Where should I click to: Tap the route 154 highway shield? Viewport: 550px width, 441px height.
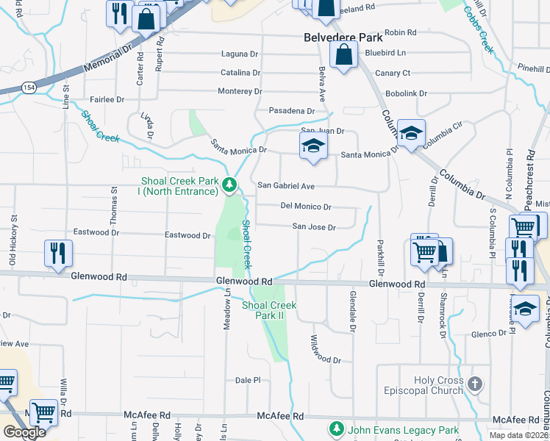click(x=29, y=87)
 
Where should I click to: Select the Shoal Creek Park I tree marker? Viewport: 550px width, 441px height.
click(x=230, y=185)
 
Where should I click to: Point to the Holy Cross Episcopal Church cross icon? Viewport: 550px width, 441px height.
click(x=475, y=384)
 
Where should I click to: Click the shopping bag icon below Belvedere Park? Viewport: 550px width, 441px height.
click(x=343, y=55)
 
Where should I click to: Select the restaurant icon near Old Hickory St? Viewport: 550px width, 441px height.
click(x=57, y=253)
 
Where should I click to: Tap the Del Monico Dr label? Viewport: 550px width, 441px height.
click(x=306, y=207)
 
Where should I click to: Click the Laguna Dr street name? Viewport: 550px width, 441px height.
click(x=240, y=54)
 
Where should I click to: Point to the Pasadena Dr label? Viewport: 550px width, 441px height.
click(x=291, y=111)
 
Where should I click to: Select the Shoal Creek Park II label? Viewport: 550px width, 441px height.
click(x=268, y=310)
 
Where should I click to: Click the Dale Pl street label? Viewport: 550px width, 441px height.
click(x=248, y=380)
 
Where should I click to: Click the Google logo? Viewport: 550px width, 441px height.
click(x=25, y=432)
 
